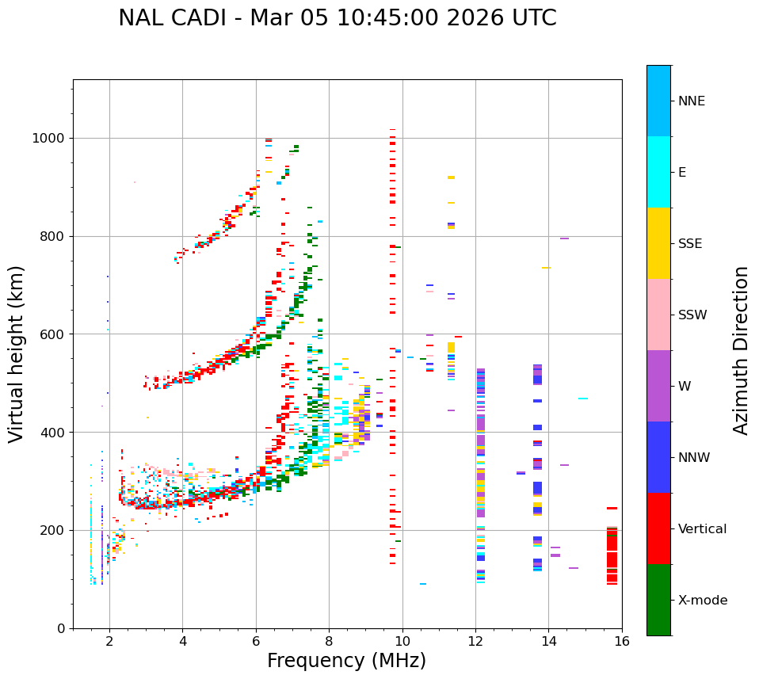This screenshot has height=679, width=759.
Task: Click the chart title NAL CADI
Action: pos(337,18)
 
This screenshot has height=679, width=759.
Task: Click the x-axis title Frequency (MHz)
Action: pos(346,661)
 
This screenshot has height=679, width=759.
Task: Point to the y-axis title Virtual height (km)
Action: pos(17,354)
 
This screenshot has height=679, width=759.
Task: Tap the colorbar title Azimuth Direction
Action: pos(741,350)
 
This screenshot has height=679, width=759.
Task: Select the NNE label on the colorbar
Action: pos(691,101)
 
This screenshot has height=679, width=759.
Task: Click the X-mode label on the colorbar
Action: pos(702,601)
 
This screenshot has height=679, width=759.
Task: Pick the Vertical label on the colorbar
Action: pos(702,529)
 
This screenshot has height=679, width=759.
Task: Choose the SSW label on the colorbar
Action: pos(692,315)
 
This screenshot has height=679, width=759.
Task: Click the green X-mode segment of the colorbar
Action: pos(658,600)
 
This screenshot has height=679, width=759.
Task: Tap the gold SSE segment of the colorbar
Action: pos(658,243)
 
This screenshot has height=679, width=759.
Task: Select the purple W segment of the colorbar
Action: pos(658,386)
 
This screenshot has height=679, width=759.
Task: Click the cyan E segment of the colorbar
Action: pos(658,172)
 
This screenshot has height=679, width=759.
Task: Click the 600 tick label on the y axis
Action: pos(53,334)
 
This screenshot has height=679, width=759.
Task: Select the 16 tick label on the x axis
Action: pos(622,641)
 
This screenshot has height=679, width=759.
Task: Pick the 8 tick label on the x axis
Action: pos(329,641)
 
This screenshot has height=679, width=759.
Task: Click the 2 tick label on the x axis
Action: pos(109,641)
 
